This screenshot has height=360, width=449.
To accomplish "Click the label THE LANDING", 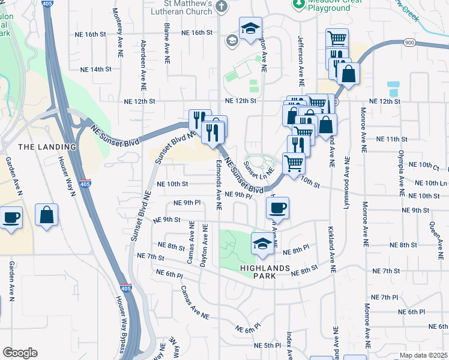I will [x=47, y=146].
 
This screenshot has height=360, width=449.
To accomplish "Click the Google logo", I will [x=20, y=353].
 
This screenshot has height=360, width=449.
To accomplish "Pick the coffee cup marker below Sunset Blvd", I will [x=277, y=208].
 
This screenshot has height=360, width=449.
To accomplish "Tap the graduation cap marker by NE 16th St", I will [x=250, y=28].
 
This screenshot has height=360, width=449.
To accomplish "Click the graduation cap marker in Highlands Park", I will [x=261, y=244].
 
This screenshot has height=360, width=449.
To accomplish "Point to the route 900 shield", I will [x=409, y=42].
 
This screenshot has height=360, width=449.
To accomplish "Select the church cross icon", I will [x=222, y=7].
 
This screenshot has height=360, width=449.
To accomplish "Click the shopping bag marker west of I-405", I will [x=46, y=215].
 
